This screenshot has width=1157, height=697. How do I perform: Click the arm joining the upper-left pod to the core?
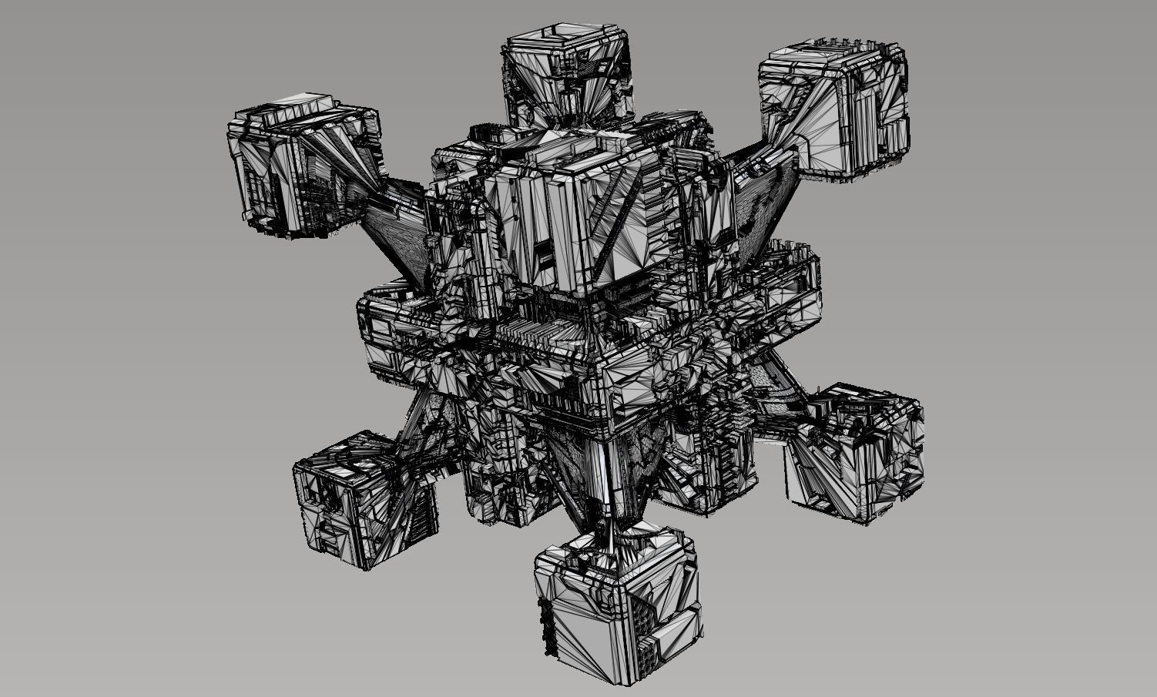(393, 223)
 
